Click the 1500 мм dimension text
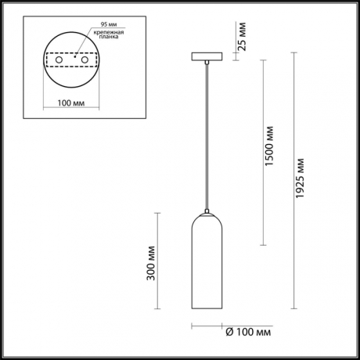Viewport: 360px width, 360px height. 271,149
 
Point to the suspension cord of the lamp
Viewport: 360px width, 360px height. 207,133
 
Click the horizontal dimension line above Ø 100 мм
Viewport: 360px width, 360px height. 207,326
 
